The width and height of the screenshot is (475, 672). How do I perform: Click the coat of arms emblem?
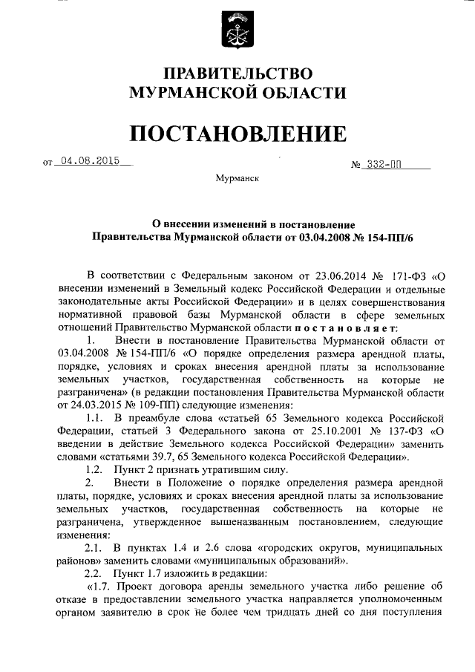pos(237,29)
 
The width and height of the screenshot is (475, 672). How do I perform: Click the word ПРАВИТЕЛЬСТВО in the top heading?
pos(237,74)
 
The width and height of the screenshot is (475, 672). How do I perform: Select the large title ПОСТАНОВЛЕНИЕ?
pos(237,133)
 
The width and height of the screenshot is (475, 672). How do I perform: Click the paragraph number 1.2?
pos(94,469)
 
